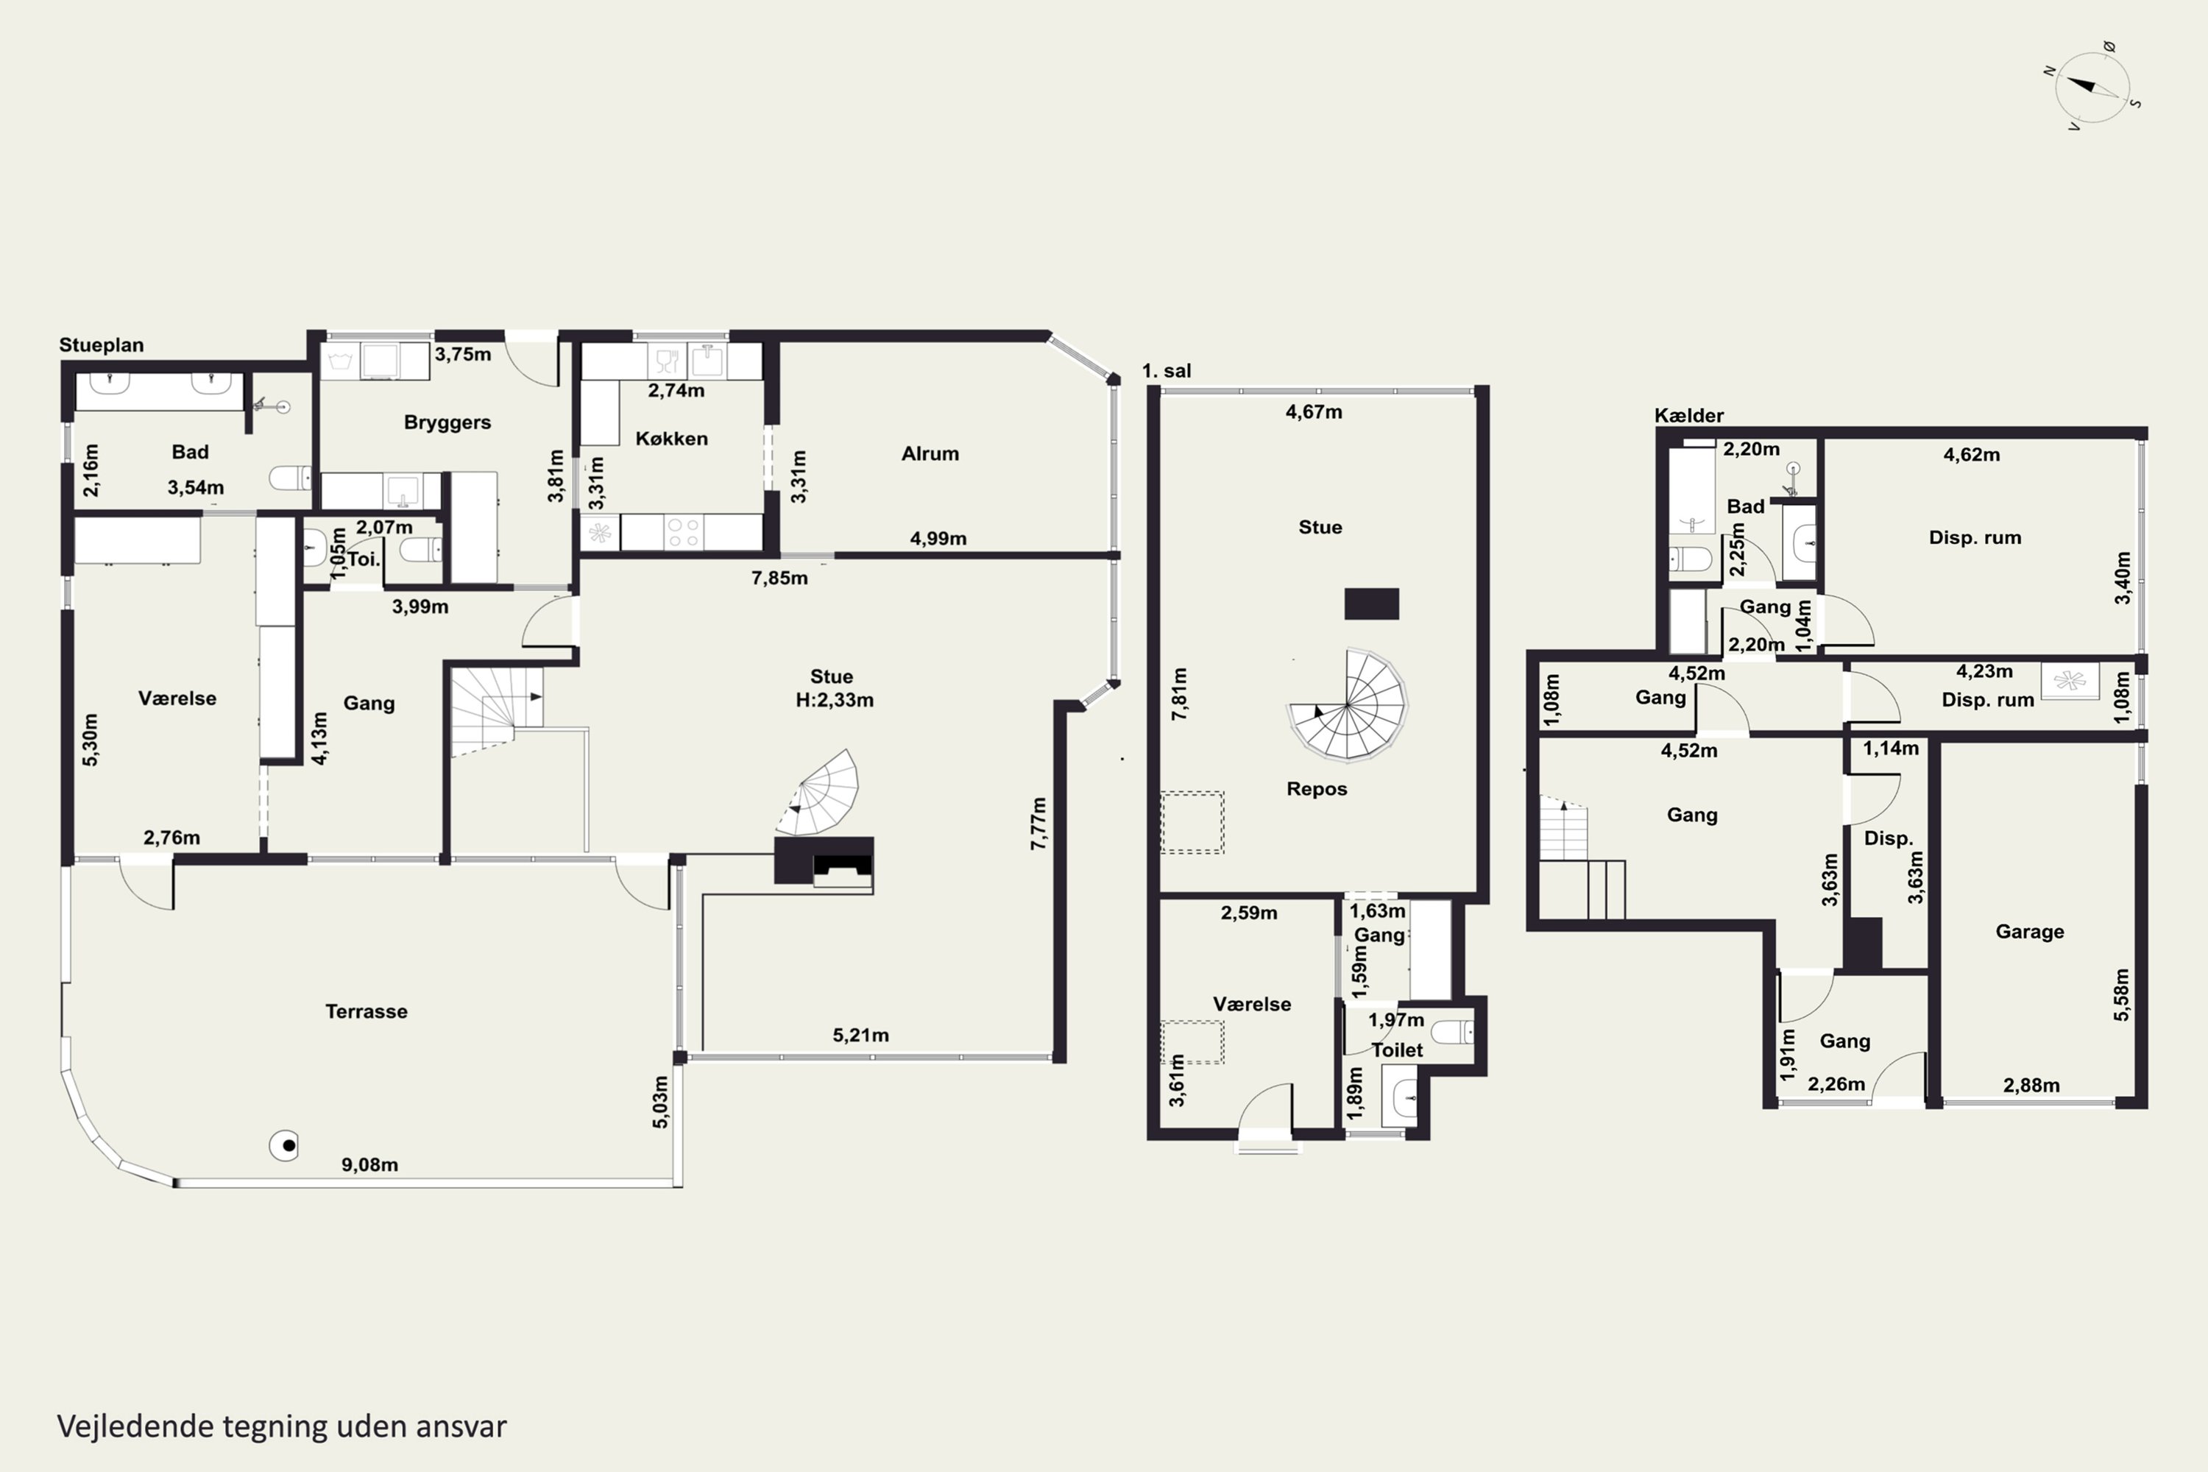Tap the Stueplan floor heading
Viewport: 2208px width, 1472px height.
[102, 344]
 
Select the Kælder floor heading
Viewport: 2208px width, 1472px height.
[1689, 415]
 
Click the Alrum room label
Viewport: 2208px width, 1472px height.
[930, 453]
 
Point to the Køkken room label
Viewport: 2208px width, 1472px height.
[671, 439]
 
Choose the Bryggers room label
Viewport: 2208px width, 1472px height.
[447, 422]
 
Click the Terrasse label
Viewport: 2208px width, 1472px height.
[366, 1011]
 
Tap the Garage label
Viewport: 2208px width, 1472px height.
[2030, 931]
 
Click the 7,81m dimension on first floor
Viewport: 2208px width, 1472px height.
[1180, 694]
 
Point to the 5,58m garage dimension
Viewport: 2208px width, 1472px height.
[2122, 994]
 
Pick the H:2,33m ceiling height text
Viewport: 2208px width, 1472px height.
[835, 701]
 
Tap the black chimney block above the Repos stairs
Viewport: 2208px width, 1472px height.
[1372, 604]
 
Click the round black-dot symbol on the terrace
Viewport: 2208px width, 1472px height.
[284, 1145]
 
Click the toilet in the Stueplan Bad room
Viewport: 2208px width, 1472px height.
[291, 478]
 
